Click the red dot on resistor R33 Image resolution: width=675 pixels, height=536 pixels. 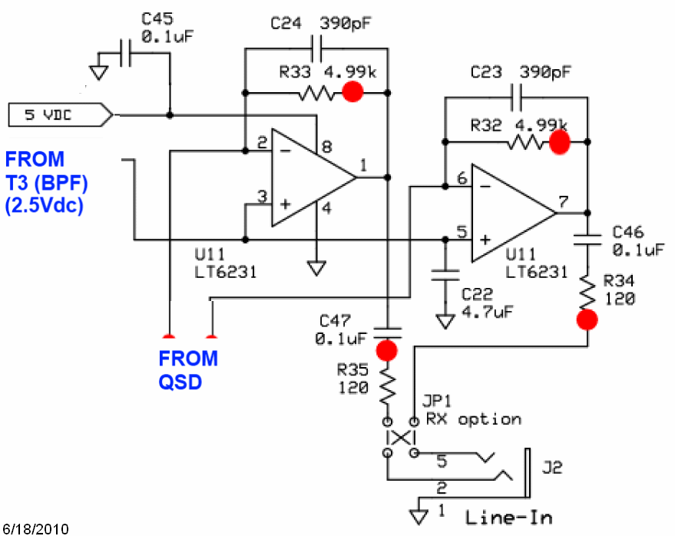[352, 92]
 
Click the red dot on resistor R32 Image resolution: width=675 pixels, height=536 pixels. [559, 141]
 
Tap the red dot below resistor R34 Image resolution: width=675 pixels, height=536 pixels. [588, 319]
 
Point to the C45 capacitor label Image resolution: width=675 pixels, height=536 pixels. [158, 18]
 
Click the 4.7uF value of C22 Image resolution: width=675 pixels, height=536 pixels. [487, 312]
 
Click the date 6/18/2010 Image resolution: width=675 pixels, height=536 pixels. [35, 528]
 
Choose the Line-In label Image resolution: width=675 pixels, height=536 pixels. [508, 517]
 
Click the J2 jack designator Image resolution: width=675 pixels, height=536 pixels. [552, 467]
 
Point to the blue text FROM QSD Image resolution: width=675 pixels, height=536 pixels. [188, 369]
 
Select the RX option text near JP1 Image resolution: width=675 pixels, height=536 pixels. [474, 419]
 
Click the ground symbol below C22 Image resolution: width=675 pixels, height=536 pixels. [443, 320]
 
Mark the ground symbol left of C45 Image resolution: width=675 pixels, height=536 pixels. [98, 71]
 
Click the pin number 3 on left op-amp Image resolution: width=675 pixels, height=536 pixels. [262, 197]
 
